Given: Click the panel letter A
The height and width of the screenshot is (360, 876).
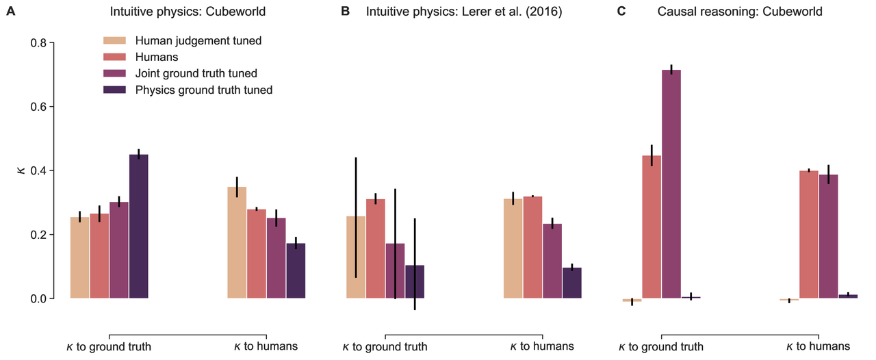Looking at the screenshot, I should click(10, 12).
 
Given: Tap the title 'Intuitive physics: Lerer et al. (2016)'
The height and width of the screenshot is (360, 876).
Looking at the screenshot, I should click(464, 12).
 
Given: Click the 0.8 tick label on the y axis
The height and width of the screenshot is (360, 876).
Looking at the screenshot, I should click(38, 43).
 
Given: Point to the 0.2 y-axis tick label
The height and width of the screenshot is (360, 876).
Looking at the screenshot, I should click(38, 235).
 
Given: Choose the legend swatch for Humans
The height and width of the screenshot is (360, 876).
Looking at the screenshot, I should click(114, 57).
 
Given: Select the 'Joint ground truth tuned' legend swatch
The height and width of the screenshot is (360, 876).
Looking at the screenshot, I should click(114, 73).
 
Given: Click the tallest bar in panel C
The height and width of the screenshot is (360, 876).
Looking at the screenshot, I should click(671, 184).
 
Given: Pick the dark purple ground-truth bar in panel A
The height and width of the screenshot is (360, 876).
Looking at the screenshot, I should click(139, 227).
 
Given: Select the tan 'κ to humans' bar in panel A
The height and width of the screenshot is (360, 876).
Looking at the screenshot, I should click(237, 243).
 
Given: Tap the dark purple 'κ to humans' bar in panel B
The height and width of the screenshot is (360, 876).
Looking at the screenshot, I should click(571, 283).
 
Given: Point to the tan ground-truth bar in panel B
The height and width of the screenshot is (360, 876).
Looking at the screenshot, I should click(355, 257).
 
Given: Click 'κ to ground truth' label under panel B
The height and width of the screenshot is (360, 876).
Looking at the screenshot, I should click(385, 347).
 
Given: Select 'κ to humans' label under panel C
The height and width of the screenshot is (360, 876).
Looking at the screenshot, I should click(819, 347).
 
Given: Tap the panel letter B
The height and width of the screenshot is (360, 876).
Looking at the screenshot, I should click(346, 12).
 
